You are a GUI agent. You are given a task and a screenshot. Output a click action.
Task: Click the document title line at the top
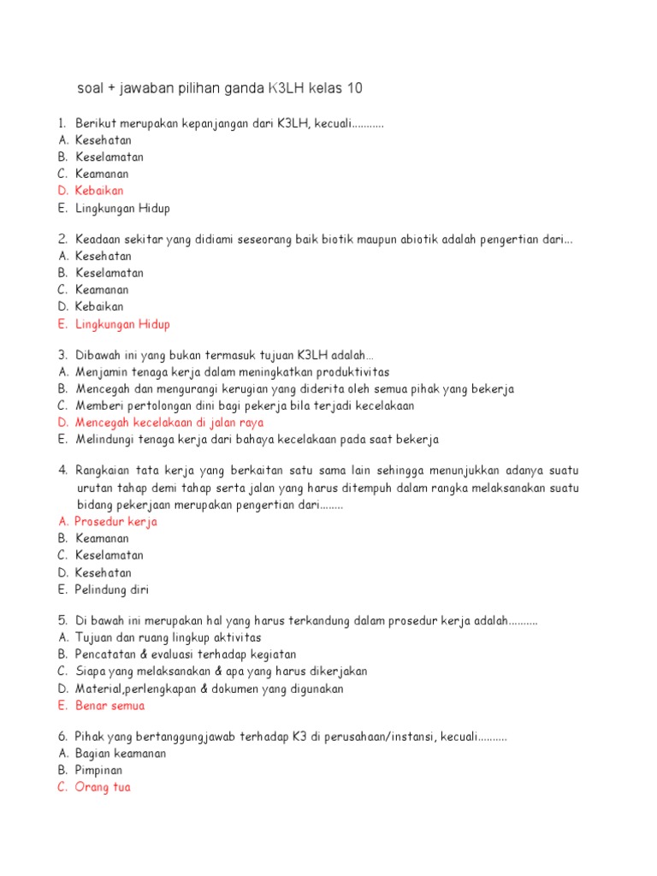click(x=225, y=89)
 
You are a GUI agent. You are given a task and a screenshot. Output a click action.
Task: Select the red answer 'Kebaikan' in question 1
click(x=99, y=191)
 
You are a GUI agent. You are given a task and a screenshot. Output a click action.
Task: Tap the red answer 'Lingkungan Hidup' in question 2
click(x=122, y=324)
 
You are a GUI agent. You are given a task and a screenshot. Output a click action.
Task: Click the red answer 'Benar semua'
click(x=110, y=706)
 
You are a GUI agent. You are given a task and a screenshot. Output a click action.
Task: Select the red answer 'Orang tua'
click(x=103, y=787)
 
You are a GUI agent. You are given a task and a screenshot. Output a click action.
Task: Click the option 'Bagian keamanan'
click(x=121, y=754)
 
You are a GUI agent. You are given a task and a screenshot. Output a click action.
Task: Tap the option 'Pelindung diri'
click(x=112, y=589)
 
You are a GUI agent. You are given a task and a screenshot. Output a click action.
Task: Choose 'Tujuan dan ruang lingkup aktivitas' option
click(x=169, y=637)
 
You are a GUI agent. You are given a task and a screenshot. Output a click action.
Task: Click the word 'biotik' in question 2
click(x=361, y=240)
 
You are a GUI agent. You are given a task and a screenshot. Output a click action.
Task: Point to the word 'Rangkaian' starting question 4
click(x=104, y=471)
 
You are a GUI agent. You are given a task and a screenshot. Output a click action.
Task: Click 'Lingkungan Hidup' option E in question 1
click(x=122, y=208)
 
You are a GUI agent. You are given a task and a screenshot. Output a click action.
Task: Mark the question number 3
click(x=62, y=355)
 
